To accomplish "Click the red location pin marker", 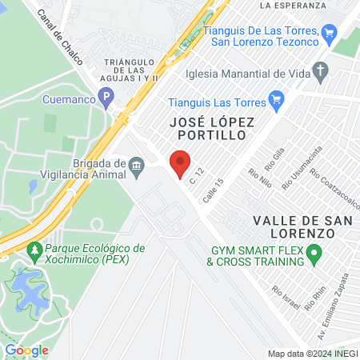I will click(180, 162).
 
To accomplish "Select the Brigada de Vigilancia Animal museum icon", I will click(137, 168).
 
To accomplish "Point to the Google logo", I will click(26, 350).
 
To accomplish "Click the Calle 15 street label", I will click(212, 193).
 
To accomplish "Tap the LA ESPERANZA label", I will click(293, 5).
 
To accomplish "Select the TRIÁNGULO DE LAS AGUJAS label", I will click(133, 70).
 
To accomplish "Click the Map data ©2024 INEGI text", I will click(312, 353).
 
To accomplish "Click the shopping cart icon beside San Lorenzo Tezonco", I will click(330, 32).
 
